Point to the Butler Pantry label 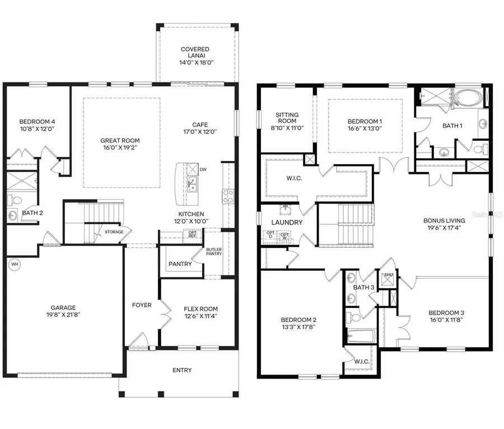click(214, 252)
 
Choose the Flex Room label click(200, 309)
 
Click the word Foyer click(141, 305)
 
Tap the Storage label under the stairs click(114, 232)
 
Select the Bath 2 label click(32, 213)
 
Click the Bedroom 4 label click(37, 122)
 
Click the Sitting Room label click(287, 118)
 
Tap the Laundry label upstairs click(288, 223)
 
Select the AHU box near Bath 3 click(388, 275)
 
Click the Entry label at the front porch click(182, 370)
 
